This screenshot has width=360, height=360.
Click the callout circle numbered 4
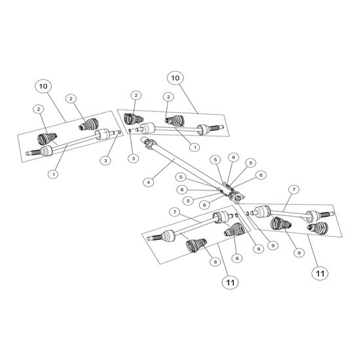[x=149, y=183]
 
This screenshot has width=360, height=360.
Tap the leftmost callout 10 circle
[x=43, y=86]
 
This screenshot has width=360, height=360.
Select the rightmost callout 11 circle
[x=320, y=274]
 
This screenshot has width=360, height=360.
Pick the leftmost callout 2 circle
[x=39, y=109]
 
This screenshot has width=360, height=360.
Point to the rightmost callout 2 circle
[x=168, y=97]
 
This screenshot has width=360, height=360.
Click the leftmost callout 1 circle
[x=54, y=174]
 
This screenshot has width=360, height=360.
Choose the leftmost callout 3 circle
[x=105, y=160]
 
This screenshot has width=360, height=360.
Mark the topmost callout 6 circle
[x=234, y=157]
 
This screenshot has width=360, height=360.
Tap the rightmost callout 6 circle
[x=261, y=175]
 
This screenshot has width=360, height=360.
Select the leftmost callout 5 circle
[x=181, y=177]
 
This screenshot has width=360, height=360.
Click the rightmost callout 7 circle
[x=294, y=190]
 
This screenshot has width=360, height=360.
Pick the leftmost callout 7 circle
[x=175, y=212]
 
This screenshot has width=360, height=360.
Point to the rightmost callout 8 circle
[x=299, y=253]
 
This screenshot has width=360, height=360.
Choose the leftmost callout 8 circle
[x=215, y=262]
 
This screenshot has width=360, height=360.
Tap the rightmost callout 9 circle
[x=273, y=245]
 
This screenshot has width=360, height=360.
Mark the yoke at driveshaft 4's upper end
[x=148, y=142]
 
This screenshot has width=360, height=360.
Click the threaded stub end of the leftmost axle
[x=33, y=153]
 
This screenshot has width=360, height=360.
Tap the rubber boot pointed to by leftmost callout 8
[x=196, y=245]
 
